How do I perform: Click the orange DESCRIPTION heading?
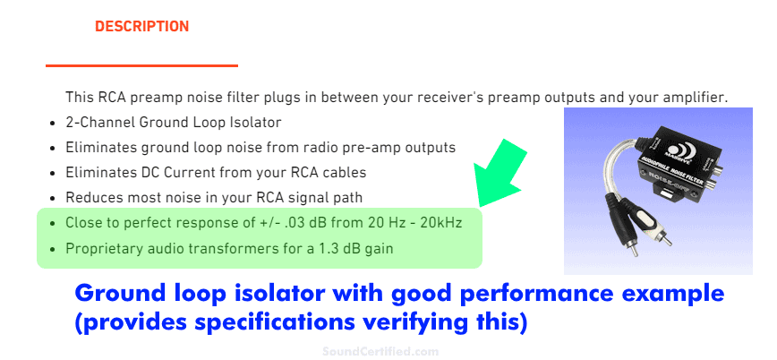[141, 27]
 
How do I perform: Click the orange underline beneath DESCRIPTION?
[141, 64]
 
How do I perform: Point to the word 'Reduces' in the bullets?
[90, 196]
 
